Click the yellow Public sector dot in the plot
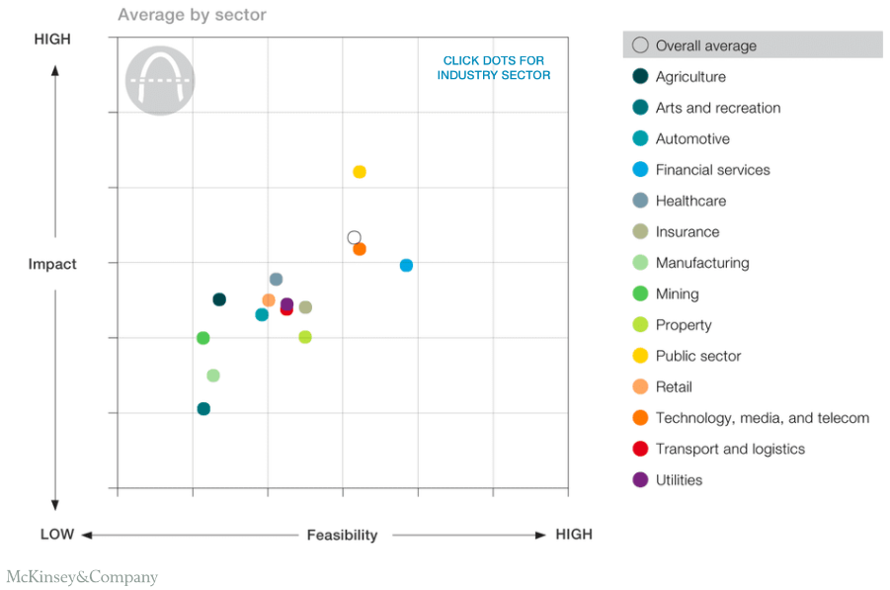[x=360, y=172]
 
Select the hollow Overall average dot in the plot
[x=355, y=237]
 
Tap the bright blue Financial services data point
[x=406, y=265]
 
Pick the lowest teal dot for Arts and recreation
[x=203, y=408]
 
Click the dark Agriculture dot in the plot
[x=219, y=299]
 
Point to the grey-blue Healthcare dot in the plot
[x=276, y=280]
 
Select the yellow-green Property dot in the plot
[x=305, y=337]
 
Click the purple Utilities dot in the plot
[x=287, y=304]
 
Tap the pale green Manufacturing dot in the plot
[x=212, y=376]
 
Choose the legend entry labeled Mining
[x=677, y=294]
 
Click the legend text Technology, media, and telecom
[x=762, y=418]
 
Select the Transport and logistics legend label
[x=730, y=449]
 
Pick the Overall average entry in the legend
[x=705, y=45]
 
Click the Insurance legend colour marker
[x=640, y=232]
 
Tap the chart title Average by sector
[x=192, y=15]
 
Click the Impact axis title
[x=52, y=264]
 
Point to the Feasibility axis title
[x=342, y=535]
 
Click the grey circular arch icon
[x=160, y=80]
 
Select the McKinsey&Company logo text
[x=82, y=576]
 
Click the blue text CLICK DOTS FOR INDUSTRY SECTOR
[x=494, y=68]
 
